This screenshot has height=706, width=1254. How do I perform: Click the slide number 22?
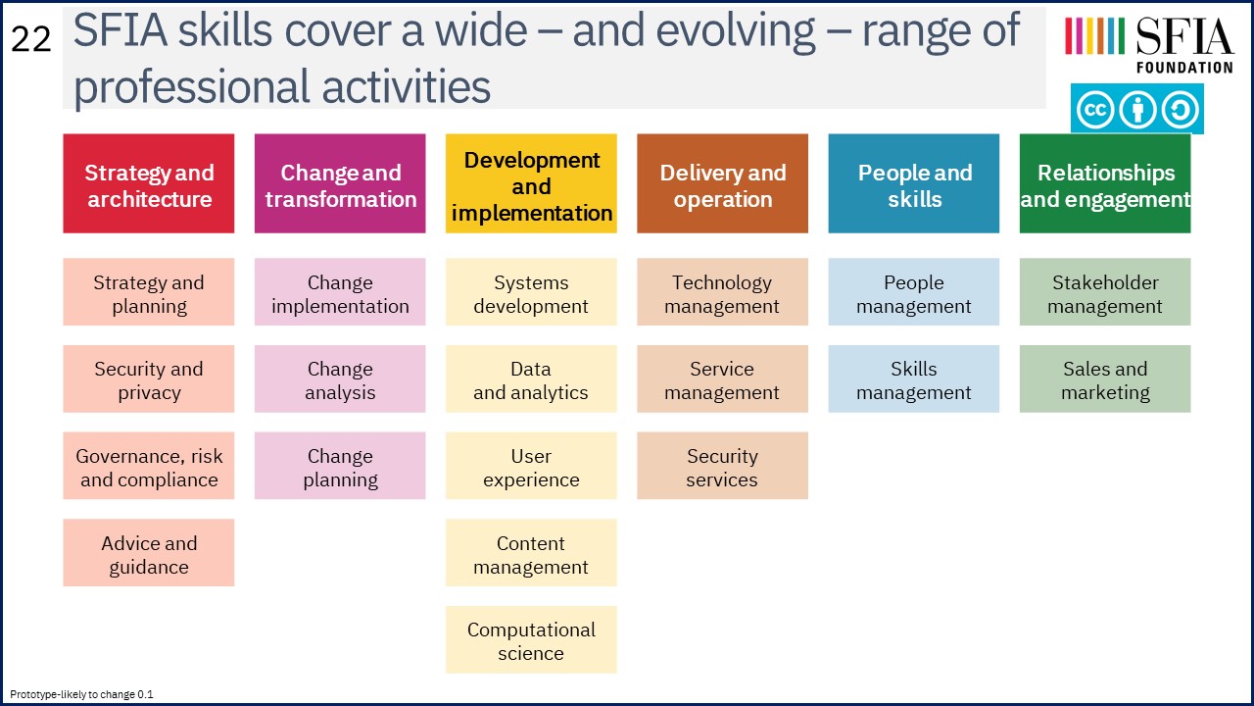30,40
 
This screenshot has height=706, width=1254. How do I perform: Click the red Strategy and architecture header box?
148,183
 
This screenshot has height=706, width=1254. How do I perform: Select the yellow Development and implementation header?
531,183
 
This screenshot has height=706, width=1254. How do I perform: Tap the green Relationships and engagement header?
1105,183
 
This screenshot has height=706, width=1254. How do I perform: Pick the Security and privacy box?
148,378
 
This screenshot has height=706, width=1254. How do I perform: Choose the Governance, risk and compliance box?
148,466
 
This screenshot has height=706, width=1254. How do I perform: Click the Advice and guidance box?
148,552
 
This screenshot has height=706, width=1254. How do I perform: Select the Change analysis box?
340,378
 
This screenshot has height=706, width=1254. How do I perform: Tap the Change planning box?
340,466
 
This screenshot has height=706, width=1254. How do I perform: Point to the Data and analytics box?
531,378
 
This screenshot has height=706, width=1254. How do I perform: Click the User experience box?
531,466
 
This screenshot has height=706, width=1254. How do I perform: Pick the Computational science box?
531,639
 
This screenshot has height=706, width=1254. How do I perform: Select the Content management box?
531,552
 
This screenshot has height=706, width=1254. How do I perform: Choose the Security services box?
722,466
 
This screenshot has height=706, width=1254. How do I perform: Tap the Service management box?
722,378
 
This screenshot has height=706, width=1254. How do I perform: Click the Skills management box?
914,378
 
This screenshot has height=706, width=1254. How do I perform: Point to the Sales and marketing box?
1105,378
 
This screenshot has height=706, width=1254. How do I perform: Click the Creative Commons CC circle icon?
1095,109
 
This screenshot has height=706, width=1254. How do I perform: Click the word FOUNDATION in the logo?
1184,68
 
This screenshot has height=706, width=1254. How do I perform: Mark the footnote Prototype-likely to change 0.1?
81,694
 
